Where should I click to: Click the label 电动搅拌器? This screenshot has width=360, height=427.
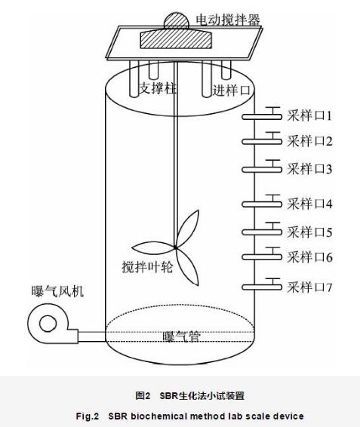pyautogui.click(x=228, y=19)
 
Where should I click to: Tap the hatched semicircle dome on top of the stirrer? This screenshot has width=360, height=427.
pyautogui.click(x=176, y=20)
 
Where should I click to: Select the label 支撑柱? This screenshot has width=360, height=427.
pyautogui.click(x=158, y=88)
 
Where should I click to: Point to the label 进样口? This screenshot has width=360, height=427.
pyautogui.click(x=231, y=90)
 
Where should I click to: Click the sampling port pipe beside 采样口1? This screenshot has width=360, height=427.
pyautogui.click(x=262, y=116)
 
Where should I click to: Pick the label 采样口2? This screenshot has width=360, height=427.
pyautogui.click(x=309, y=141)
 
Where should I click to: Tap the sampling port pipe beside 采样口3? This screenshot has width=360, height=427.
pyautogui.click(x=262, y=170)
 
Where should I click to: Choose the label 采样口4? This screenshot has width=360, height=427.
pyautogui.click(x=309, y=204)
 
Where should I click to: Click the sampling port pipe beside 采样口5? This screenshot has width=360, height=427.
pyautogui.click(x=262, y=232)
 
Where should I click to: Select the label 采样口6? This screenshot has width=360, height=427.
pyautogui.click(x=309, y=257)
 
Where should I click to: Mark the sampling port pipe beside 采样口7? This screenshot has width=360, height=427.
pyautogui.click(x=262, y=287)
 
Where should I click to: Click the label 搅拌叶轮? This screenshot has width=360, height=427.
pyautogui.click(x=147, y=267)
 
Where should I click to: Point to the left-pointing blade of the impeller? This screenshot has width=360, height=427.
pyautogui.click(x=153, y=247)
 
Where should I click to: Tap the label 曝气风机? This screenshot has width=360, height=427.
pyautogui.click(x=57, y=291)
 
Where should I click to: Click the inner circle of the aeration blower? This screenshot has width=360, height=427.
pyautogui.click(x=48, y=324)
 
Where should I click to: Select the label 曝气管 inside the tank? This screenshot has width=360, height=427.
pyautogui.click(x=181, y=336)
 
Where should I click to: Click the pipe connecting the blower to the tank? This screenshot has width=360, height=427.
pyautogui.click(x=92, y=336)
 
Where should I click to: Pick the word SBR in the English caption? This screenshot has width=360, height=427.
pyautogui.click(x=118, y=416)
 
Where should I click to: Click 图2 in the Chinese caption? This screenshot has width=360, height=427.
pyautogui.click(x=143, y=395)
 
